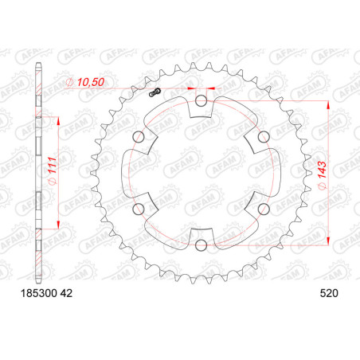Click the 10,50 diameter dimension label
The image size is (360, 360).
(x=85, y=82)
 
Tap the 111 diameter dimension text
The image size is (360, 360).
(x=52, y=170)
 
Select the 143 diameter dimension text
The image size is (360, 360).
(x=322, y=174)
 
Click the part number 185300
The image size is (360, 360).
(x=39, y=293)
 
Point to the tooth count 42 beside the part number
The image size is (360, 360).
(x=66, y=293)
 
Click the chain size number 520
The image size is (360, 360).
(x=329, y=293)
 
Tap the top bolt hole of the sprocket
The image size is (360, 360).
(x=201, y=100)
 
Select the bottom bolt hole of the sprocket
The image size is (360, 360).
(x=201, y=245)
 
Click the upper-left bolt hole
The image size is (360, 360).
(x=139, y=137)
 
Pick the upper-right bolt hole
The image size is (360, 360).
(x=264, y=137)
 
